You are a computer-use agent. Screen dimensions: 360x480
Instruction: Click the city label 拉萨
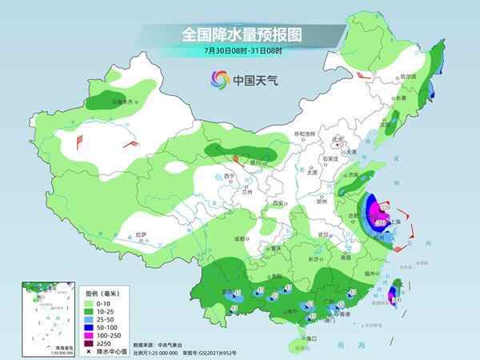[x=141, y=234]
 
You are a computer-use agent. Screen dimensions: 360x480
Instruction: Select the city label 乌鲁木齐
[x=121, y=102]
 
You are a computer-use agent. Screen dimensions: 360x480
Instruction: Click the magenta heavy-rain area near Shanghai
[x=382, y=213]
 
